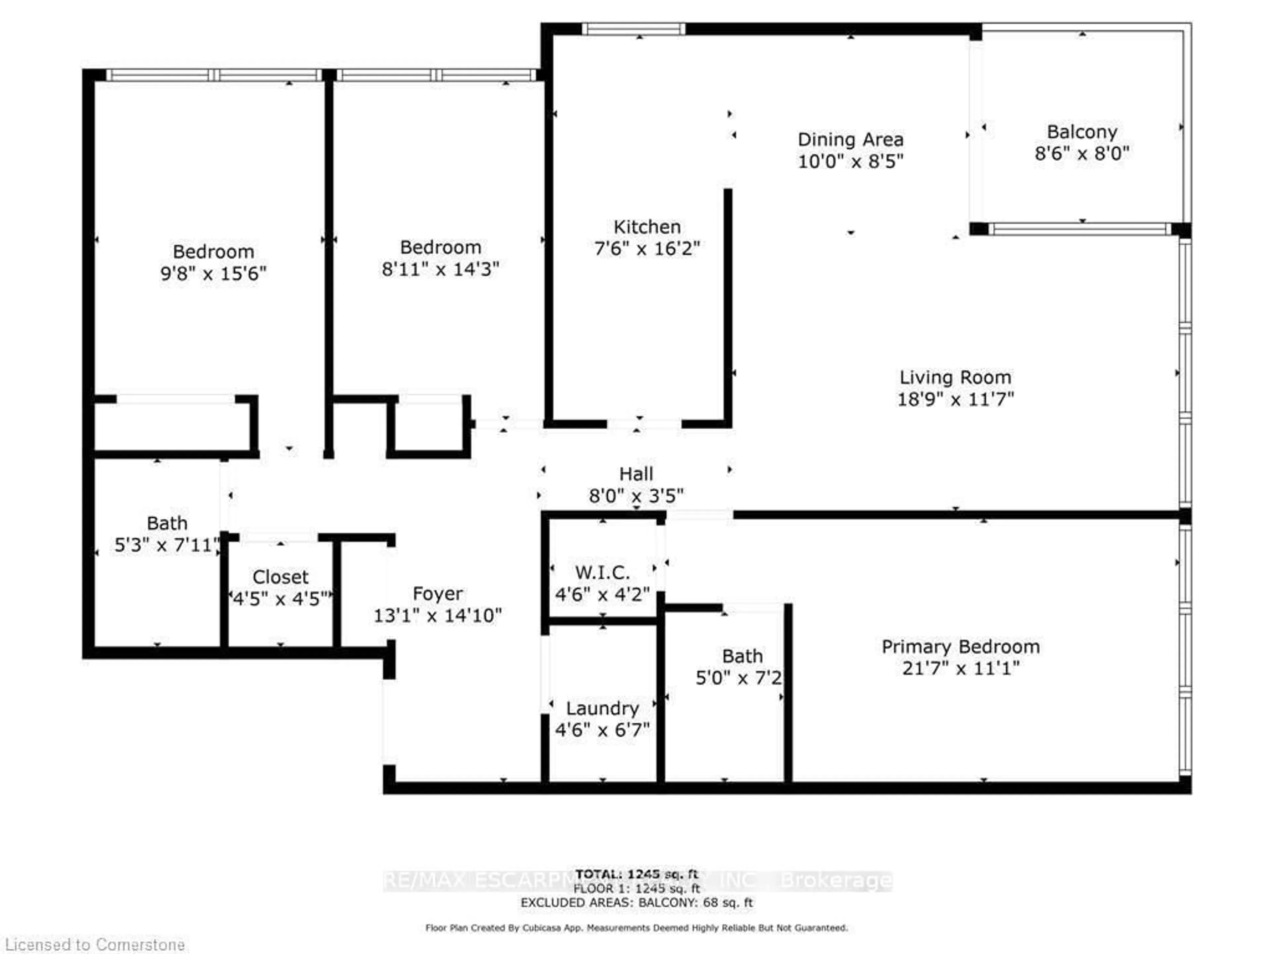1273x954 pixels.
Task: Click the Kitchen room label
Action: pos(646,227)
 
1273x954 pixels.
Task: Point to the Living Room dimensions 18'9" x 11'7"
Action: pos(955,399)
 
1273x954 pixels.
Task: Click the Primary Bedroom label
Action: pos(960,647)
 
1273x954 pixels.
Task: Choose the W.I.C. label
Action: pos(602,573)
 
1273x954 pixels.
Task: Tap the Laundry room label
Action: pos(602,709)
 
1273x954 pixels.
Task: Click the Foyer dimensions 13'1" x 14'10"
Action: pos(437,616)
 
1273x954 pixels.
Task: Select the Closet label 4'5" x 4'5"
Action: pos(280,577)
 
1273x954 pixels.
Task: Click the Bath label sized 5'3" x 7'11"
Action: pos(167,523)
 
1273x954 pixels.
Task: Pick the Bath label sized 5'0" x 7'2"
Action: pos(742,656)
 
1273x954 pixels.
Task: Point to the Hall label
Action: pos(636,474)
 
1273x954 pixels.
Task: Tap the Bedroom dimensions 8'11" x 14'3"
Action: pos(440,269)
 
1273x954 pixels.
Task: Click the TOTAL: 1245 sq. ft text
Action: pos(636,874)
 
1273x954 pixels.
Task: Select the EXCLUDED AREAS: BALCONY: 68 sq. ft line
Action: pos(636,903)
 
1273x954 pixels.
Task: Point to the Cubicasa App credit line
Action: pos(636,927)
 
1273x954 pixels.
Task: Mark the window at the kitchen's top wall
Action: pos(633,29)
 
